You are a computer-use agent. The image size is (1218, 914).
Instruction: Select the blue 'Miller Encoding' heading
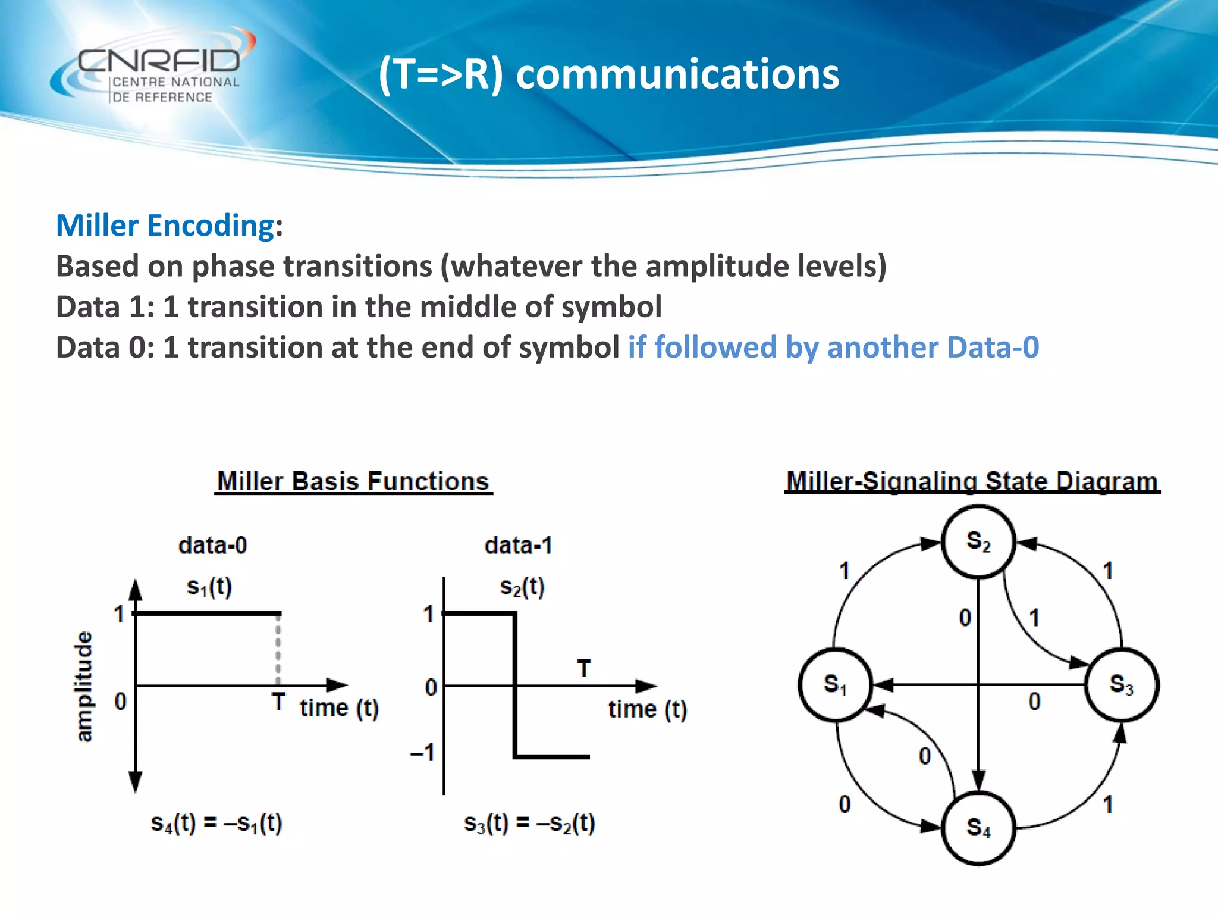(x=165, y=226)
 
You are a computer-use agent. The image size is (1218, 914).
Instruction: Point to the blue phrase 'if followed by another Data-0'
(x=833, y=348)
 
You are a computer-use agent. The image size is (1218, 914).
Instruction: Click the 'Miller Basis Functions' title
(x=353, y=481)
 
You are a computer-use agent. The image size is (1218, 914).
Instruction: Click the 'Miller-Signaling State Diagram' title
(x=972, y=481)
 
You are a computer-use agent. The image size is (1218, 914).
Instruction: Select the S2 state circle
(x=978, y=542)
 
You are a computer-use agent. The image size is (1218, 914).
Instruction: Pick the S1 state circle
(x=835, y=685)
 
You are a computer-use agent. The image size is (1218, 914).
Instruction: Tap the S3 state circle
(x=1121, y=685)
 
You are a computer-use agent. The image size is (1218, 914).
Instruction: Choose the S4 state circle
(x=978, y=828)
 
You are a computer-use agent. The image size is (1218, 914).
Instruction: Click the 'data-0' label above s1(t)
(x=212, y=545)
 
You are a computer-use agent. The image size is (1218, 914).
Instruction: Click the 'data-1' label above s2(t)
(x=518, y=545)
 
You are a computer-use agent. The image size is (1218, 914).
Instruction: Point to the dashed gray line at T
(x=278, y=650)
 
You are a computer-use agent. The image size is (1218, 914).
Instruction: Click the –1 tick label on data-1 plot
(x=423, y=753)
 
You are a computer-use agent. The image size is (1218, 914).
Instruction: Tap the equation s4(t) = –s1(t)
(x=216, y=824)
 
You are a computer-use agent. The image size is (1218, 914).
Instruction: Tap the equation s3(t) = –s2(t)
(x=529, y=824)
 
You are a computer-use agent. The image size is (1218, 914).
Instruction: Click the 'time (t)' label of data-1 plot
(x=647, y=709)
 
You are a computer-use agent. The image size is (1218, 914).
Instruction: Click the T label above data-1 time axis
(x=584, y=669)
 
